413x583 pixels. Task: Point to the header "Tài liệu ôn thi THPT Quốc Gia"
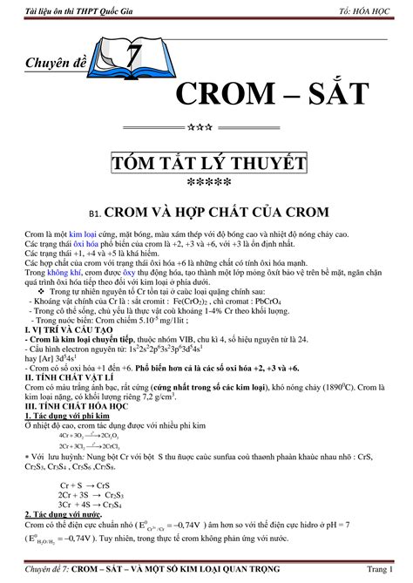pos(71,10)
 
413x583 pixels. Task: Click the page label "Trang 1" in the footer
pos(385,570)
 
